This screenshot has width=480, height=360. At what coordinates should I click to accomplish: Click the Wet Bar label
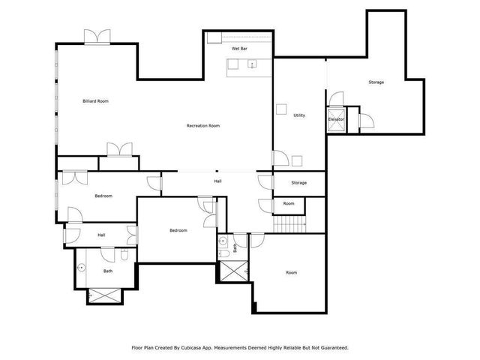point(239,48)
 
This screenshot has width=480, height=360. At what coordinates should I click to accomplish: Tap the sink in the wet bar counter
point(252,64)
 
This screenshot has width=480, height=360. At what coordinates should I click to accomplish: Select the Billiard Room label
point(96,100)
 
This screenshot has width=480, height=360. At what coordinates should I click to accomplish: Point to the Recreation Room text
point(203,126)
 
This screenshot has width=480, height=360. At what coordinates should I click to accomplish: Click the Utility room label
point(299,115)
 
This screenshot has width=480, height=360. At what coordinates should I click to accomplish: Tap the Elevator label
point(336,119)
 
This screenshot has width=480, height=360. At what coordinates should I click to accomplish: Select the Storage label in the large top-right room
point(376,82)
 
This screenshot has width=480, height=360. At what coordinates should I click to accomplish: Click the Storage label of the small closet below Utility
point(299,183)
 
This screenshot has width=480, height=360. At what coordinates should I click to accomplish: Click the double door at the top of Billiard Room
point(97,37)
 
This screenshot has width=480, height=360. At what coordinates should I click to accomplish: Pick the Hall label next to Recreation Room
point(217,181)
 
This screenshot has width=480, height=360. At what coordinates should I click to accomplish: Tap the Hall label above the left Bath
point(101,235)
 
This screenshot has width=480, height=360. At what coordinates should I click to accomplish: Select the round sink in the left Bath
point(82,265)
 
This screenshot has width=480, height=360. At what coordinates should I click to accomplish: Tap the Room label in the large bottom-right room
point(292,273)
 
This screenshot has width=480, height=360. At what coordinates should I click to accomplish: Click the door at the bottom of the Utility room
point(280,158)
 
